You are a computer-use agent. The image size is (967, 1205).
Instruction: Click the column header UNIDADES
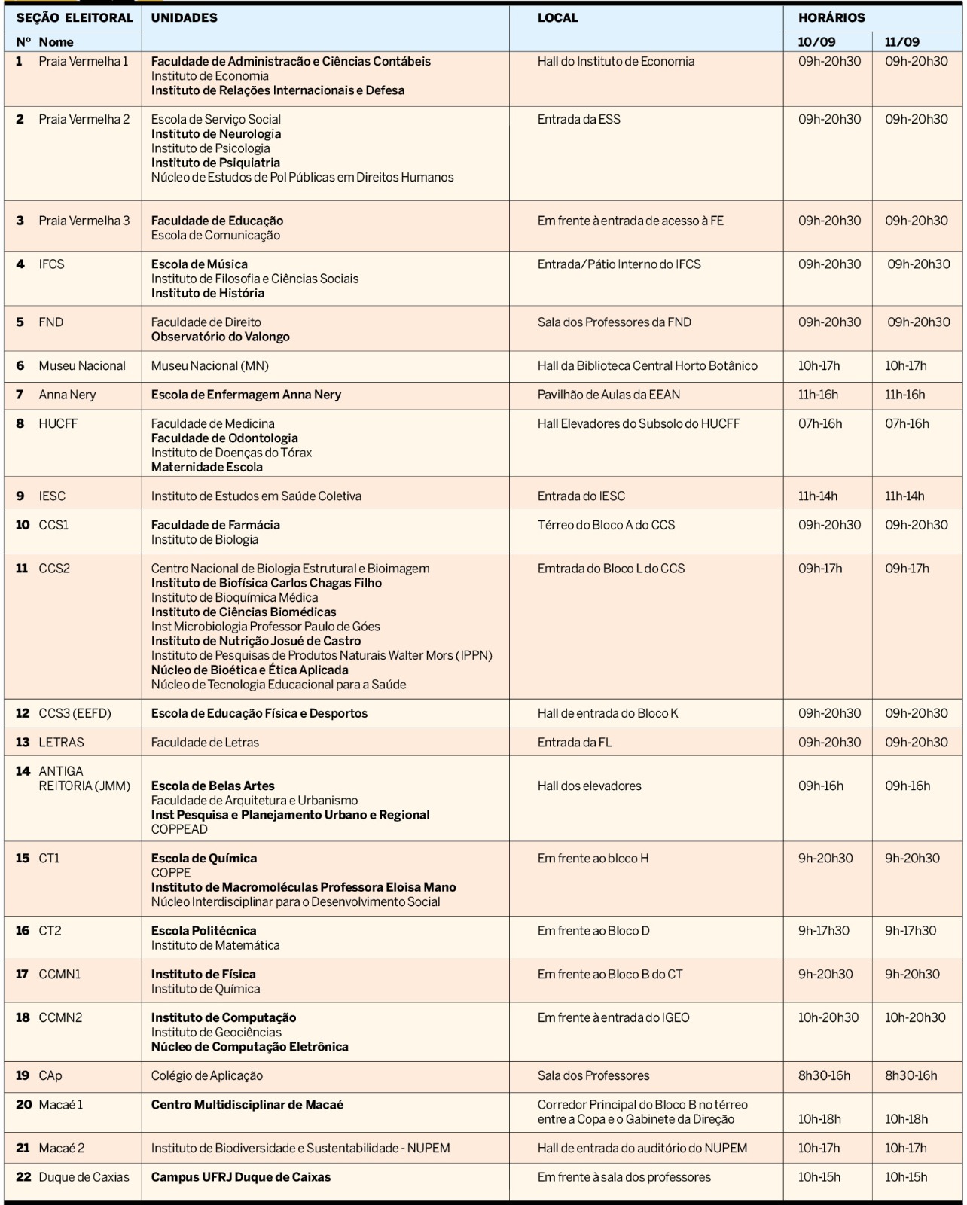(x=184, y=17)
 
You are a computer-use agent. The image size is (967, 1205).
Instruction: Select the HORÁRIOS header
(x=831, y=17)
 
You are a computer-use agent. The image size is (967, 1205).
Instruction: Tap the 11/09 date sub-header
(x=901, y=42)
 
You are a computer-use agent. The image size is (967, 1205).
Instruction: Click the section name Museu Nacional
(x=82, y=366)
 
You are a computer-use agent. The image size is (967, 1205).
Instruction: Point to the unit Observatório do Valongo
(x=220, y=337)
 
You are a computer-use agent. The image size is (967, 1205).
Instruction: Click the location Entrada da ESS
(x=578, y=119)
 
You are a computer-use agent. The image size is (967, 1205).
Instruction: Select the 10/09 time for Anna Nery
(x=818, y=395)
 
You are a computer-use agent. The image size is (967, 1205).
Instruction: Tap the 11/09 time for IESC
(x=904, y=496)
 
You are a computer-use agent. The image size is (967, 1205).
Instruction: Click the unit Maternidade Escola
(x=206, y=467)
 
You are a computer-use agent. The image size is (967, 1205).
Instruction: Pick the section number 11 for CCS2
(x=22, y=569)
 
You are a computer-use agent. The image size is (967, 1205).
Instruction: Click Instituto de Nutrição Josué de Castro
(x=255, y=641)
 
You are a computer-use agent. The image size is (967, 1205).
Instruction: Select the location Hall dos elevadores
(x=589, y=786)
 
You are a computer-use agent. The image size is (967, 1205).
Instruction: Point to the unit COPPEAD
(x=179, y=829)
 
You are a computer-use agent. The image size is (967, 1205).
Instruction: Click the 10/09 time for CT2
(x=823, y=931)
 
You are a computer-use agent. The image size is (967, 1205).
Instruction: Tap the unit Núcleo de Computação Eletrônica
(x=249, y=1047)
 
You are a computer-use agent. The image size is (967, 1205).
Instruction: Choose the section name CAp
(x=50, y=1075)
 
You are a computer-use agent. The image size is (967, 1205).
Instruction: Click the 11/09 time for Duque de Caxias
(x=906, y=1177)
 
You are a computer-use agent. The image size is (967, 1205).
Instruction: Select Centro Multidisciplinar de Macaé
(x=247, y=1105)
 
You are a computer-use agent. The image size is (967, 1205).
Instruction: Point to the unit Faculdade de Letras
(x=205, y=743)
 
